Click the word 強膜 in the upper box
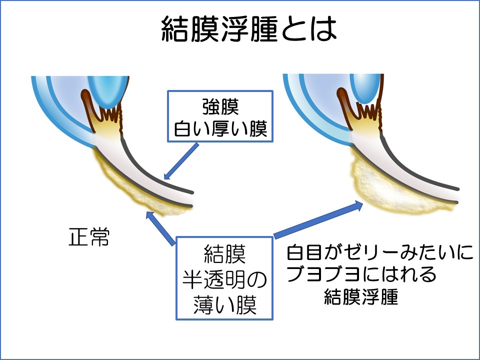point(220,107)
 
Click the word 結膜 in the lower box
point(224,255)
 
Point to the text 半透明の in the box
point(224,280)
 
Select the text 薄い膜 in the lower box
point(224,305)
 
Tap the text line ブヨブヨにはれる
point(361,275)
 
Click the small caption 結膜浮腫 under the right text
point(361,297)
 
